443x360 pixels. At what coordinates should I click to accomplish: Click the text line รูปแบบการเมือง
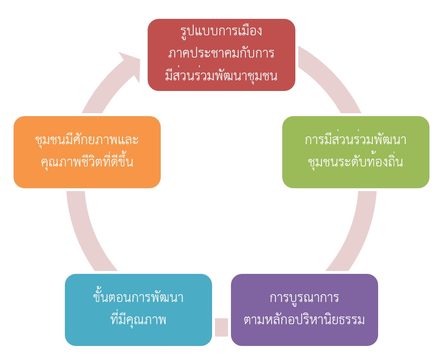click(x=221, y=31)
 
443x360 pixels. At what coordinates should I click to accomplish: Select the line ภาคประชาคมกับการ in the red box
click(x=221, y=53)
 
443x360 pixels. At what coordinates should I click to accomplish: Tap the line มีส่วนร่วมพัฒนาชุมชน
click(x=221, y=75)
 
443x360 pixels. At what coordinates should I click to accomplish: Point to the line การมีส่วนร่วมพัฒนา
click(x=355, y=140)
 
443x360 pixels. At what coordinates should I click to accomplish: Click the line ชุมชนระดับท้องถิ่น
click(x=355, y=162)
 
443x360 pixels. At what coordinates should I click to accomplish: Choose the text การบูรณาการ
click(x=304, y=297)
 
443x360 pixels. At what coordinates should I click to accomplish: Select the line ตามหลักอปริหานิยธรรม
click(x=304, y=320)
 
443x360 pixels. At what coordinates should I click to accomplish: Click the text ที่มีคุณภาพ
click(x=138, y=320)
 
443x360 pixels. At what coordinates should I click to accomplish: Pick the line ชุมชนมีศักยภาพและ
click(x=87, y=140)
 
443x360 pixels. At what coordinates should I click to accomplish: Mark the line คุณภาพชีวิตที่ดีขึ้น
click(x=87, y=162)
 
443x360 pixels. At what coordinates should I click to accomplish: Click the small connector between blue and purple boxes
click(x=221, y=327)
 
